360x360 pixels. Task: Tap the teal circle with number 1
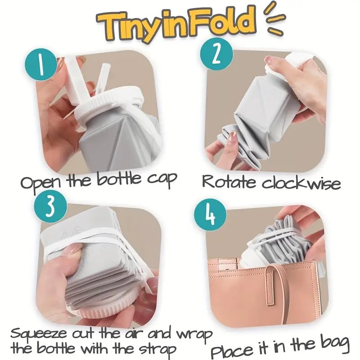[40, 64]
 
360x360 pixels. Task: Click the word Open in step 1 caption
[41, 183]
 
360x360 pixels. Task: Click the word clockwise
[301, 183]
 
